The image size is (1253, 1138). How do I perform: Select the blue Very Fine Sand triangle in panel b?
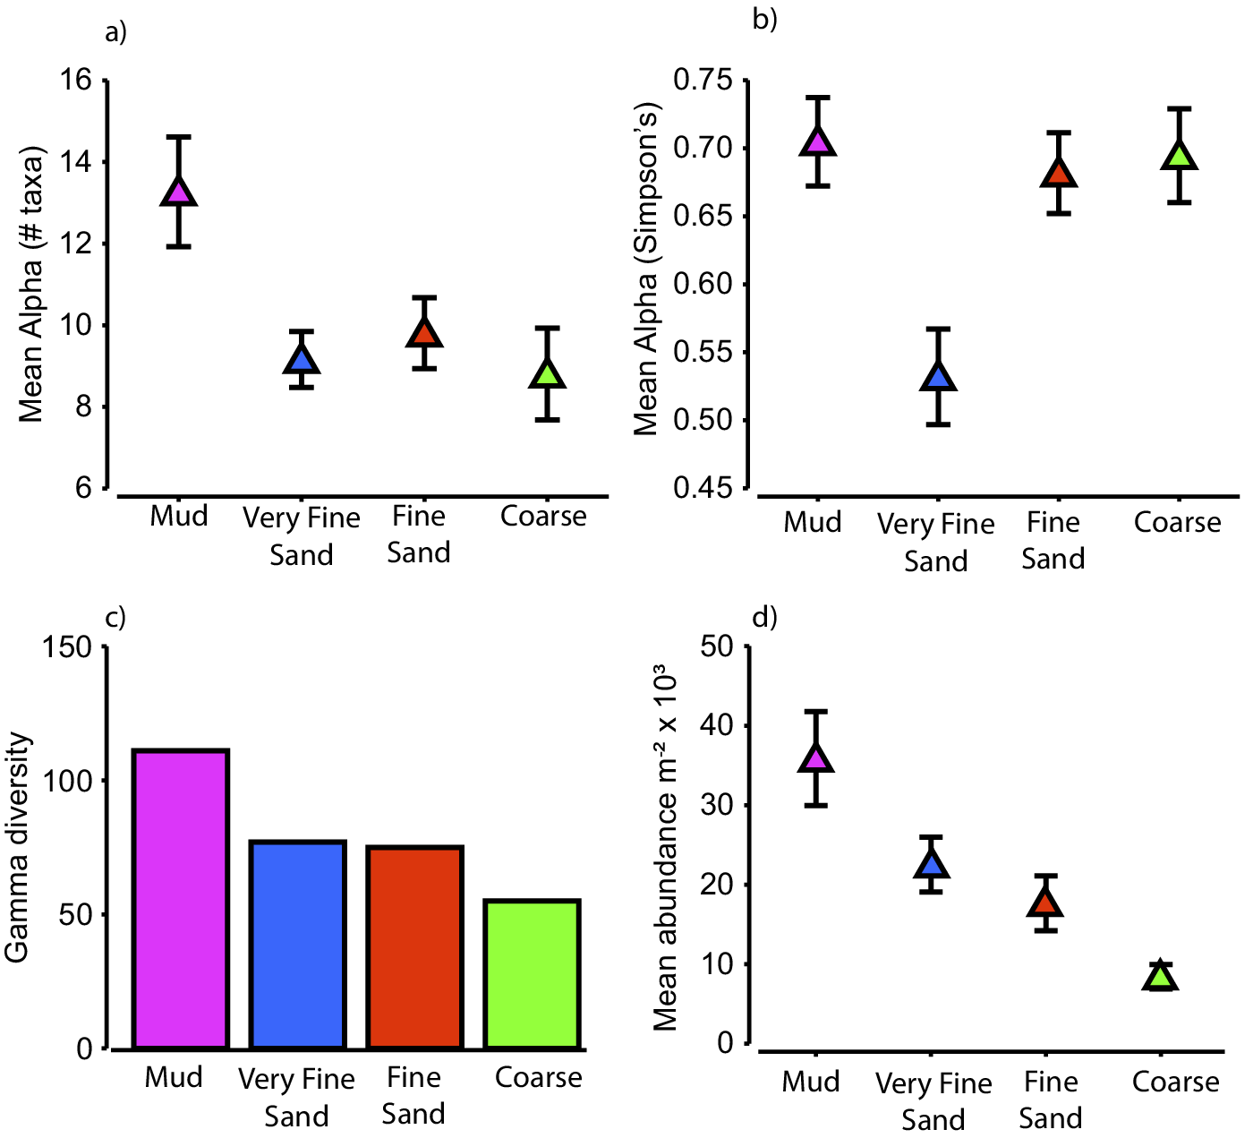[938, 377]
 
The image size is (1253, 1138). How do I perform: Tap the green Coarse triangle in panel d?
[1161, 977]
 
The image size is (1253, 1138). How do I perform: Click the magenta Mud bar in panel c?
[180, 899]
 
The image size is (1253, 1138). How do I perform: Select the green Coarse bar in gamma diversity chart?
[532, 974]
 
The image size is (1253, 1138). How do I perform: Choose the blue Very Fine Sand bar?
[297, 945]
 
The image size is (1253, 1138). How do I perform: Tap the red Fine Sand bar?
[414, 947]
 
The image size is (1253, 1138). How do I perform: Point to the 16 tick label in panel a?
[76, 81]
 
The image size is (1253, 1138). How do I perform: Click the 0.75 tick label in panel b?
[703, 81]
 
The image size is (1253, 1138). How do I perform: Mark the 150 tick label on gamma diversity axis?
[68, 647]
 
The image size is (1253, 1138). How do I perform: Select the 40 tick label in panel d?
[716, 725]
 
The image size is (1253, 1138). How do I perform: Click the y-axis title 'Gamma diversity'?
[18, 848]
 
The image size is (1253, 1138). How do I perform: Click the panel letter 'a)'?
[116, 33]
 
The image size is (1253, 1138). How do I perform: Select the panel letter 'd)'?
[765, 617]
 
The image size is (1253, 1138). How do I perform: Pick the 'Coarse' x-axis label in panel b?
[1177, 522]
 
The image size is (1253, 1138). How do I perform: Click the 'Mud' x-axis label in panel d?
[811, 1082]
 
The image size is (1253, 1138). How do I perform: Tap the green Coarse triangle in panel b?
[1180, 156]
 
